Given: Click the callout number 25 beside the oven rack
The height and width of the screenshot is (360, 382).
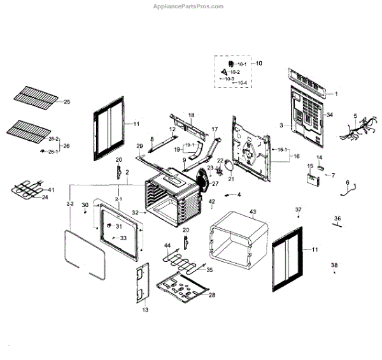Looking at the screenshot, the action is [67, 102].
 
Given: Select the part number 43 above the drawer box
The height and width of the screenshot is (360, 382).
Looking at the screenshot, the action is [253, 212].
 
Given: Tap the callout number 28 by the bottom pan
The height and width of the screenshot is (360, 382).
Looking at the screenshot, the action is [211, 295].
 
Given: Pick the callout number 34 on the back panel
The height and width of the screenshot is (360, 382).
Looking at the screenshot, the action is [330, 115].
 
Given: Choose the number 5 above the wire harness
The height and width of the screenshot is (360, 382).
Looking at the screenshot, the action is [355, 116].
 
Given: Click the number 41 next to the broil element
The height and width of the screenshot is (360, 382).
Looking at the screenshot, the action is [52, 190].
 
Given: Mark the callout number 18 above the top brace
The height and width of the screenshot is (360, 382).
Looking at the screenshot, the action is [190, 115].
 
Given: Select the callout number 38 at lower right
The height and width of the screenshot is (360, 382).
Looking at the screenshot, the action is [334, 265].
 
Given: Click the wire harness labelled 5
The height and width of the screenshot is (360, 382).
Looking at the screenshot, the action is [353, 131].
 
